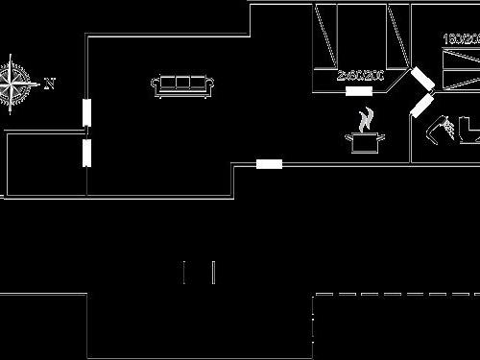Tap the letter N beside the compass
(x=49, y=84)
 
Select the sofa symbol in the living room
(x=182, y=84)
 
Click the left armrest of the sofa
(x=156, y=86)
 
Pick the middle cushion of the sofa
(x=182, y=83)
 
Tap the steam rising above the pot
(x=365, y=120)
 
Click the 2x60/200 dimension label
(x=360, y=75)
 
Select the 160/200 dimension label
(x=461, y=39)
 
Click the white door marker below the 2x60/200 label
(x=358, y=91)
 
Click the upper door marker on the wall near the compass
(x=86, y=112)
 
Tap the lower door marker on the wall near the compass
(x=86, y=153)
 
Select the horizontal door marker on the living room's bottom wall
(x=269, y=164)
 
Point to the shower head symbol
(x=443, y=127)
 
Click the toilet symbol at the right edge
(x=469, y=130)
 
